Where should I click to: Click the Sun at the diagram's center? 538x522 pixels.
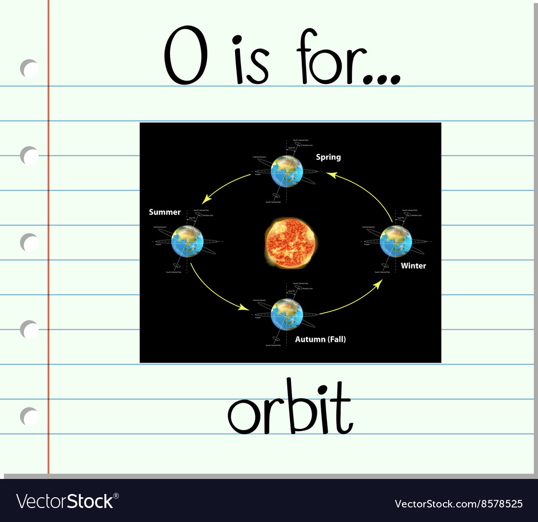click(x=290, y=243)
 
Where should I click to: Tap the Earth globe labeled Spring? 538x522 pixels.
click(x=287, y=171)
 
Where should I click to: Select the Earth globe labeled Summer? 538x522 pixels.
click(x=187, y=242)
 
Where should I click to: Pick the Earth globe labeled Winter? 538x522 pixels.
click(x=395, y=242)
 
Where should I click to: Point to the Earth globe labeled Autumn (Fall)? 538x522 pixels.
click(x=287, y=314)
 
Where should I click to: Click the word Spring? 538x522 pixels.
click(x=328, y=157)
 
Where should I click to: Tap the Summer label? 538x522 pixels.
click(x=165, y=212)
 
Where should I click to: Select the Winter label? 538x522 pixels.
click(x=413, y=266)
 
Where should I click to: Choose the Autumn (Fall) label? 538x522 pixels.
click(x=320, y=340)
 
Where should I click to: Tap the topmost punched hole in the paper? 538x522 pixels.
click(x=30, y=69)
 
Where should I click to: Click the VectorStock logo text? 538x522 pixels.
click(x=65, y=501)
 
